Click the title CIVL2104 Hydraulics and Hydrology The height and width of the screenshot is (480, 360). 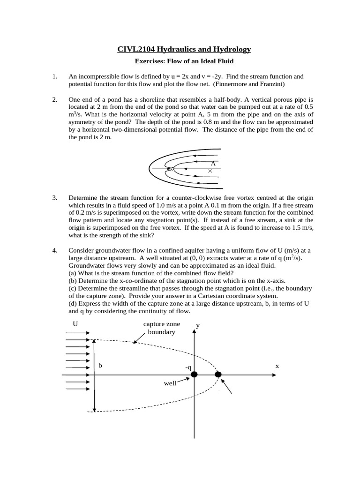point(184,49)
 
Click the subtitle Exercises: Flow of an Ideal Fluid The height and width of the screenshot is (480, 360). point(184,61)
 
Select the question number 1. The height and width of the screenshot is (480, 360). point(54,76)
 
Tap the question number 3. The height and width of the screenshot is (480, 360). point(54,198)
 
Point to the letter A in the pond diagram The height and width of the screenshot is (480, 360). point(213,164)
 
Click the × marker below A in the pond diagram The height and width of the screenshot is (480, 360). point(210,172)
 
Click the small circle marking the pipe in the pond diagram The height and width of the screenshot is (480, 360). point(172,168)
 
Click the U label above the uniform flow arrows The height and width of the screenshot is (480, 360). point(75,324)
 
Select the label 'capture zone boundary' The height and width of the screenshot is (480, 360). point(161,328)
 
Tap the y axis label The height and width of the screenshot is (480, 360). point(198,325)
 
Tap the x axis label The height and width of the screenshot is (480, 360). point(277,366)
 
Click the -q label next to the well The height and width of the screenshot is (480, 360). point(188,367)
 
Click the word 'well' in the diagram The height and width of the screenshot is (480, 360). point(170,383)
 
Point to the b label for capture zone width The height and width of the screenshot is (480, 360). point(100,366)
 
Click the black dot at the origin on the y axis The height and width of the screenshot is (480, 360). point(194,375)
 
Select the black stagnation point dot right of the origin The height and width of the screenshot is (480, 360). point(218,374)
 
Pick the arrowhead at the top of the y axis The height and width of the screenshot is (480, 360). point(194,332)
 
